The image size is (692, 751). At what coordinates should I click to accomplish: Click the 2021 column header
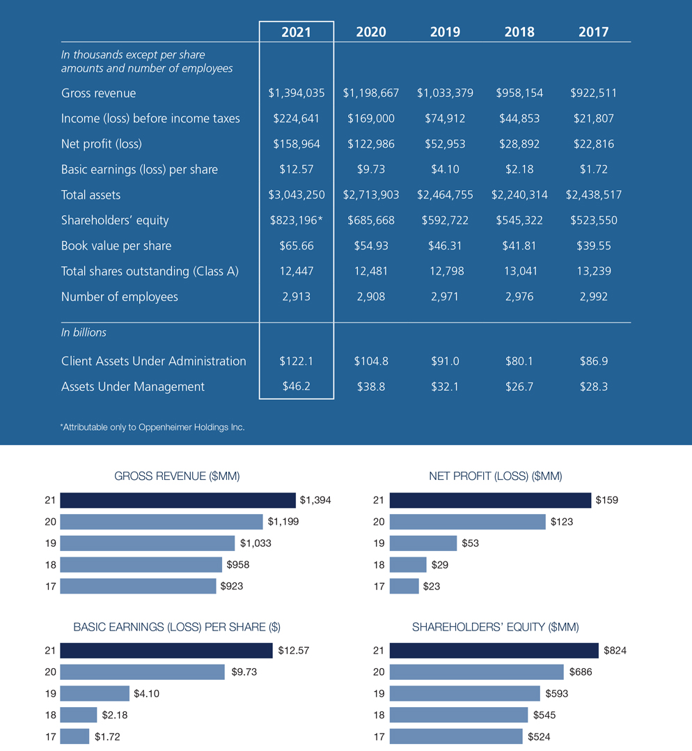pyautogui.click(x=297, y=32)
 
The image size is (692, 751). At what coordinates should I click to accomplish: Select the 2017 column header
pyautogui.click(x=593, y=32)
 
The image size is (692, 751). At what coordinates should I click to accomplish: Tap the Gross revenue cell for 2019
pyautogui.click(x=445, y=93)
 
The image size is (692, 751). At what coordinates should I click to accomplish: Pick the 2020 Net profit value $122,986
pyautogui.click(x=371, y=144)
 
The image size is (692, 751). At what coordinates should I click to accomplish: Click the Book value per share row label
pyautogui.click(x=116, y=246)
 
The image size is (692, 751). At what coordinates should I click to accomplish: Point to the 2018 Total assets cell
pyautogui.click(x=519, y=195)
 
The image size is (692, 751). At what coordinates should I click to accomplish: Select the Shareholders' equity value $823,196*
pyautogui.click(x=297, y=220)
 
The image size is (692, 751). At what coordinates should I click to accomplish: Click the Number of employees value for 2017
pyautogui.click(x=593, y=297)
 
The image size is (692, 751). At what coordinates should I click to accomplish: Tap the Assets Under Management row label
pyautogui.click(x=133, y=387)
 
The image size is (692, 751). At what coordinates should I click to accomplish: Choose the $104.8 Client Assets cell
pyautogui.click(x=371, y=362)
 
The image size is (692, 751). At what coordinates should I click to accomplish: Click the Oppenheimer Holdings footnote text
pyautogui.click(x=153, y=427)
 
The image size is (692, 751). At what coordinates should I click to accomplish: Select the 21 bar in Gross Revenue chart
pyautogui.click(x=178, y=500)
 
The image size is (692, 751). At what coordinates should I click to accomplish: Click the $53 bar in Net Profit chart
pyautogui.click(x=423, y=543)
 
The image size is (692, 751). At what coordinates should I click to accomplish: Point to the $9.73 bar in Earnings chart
pyautogui.click(x=142, y=672)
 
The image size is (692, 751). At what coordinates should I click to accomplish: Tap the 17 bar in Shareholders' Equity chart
pyautogui.click(x=456, y=736)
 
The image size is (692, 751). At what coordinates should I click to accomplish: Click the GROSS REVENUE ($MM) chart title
pyautogui.click(x=177, y=477)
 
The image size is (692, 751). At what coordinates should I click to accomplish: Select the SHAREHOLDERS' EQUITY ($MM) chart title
pyautogui.click(x=496, y=627)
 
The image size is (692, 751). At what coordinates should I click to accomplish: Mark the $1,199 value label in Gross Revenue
pyautogui.click(x=283, y=522)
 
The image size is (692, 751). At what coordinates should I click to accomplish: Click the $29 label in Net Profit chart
pyautogui.click(x=439, y=565)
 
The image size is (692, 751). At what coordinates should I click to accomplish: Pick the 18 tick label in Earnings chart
pyautogui.click(x=50, y=715)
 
